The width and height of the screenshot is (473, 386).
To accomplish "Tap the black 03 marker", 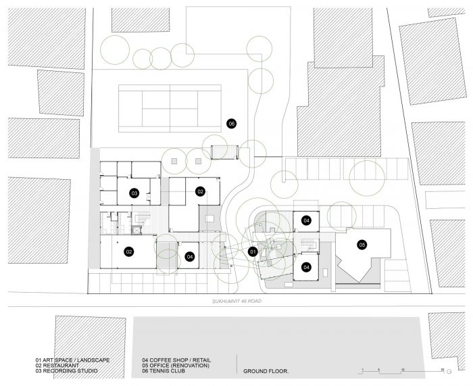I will click(x=134, y=193).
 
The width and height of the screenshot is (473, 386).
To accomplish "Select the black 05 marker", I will click(x=362, y=245).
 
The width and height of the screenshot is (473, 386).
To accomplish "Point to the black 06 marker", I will click(x=231, y=124).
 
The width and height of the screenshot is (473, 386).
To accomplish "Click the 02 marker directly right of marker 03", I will click(x=200, y=191).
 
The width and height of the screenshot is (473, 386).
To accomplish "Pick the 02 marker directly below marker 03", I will click(x=128, y=251).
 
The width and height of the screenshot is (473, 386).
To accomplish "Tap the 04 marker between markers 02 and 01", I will click(x=190, y=256).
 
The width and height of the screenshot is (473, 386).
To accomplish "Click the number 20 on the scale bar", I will click(x=442, y=370).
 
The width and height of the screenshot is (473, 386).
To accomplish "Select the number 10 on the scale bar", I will click(x=403, y=370).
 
